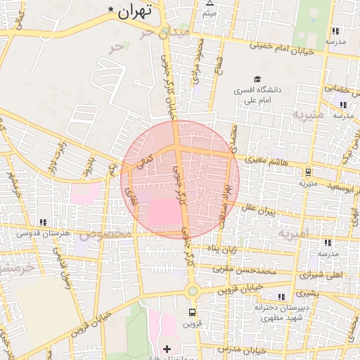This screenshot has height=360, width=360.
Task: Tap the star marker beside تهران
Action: (x=111, y=8)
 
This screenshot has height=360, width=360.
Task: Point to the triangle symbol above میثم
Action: (x=210, y=4)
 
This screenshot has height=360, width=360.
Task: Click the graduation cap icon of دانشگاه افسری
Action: (x=257, y=79)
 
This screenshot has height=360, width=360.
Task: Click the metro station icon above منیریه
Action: (x=309, y=172)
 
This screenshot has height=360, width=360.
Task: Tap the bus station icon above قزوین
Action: (x=192, y=312)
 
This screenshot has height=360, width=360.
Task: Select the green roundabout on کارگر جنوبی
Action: (x=192, y=290)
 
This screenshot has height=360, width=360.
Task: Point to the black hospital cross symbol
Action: (x=167, y=349)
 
